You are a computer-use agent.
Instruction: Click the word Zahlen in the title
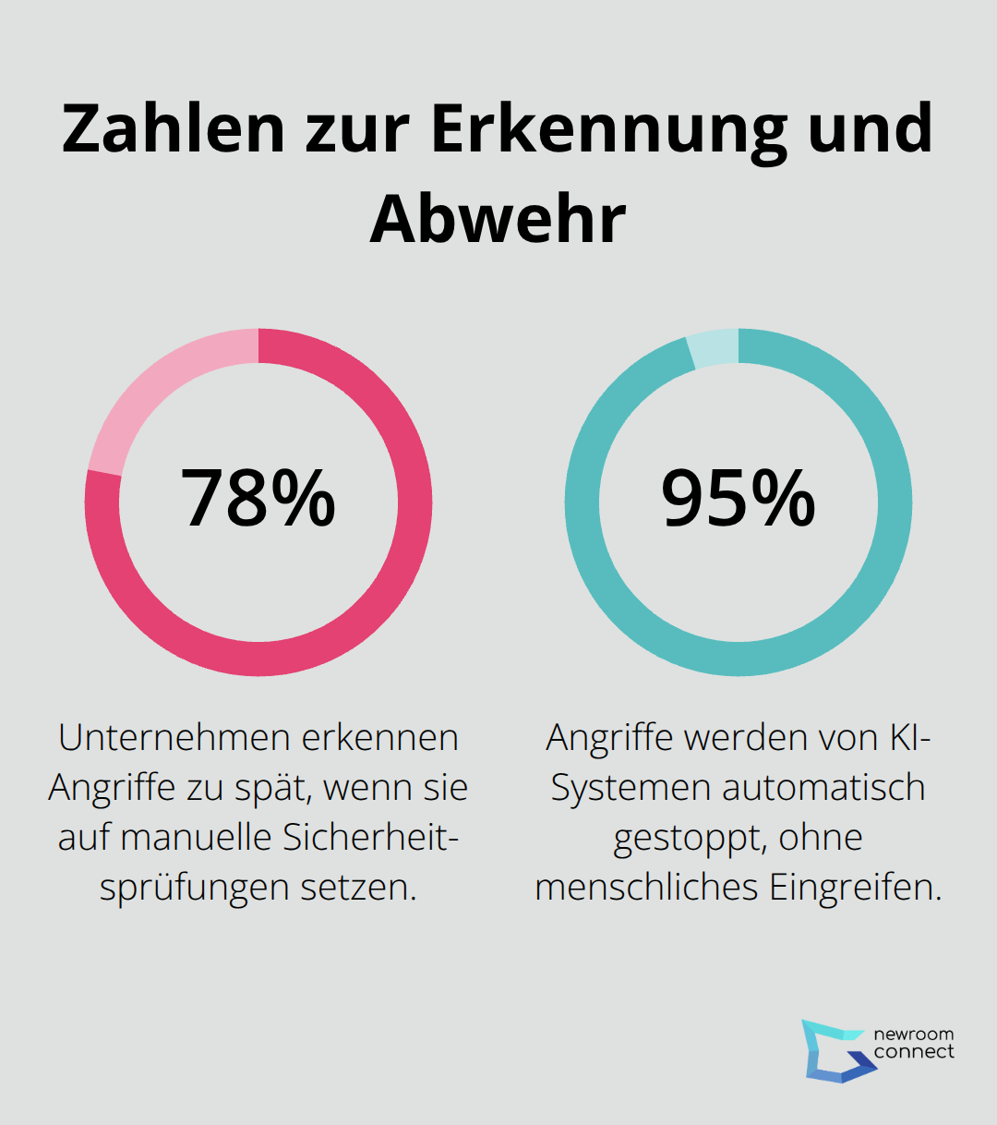tap(174, 129)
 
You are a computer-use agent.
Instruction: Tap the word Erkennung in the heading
tap(609, 129)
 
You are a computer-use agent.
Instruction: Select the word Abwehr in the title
tap(498, 220)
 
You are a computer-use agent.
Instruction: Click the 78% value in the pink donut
tap(258, 499)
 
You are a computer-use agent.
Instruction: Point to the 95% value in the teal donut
tap(739, 499)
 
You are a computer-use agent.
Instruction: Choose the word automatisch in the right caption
tap(823, 788)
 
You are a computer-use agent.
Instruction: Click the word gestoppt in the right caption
tap(690, 838)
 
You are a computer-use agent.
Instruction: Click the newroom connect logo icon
tap(835, 1050)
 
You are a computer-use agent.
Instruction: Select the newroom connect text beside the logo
tap(914, 1043)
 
